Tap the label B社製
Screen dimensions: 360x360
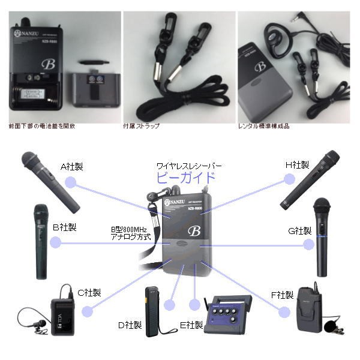click(65, 227)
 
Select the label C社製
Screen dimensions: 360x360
click(89, 292)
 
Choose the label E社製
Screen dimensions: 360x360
click(192, 325)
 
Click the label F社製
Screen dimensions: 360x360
click(281, 295)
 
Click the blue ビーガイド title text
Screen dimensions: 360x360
click(185, 178)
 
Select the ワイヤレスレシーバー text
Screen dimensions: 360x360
click(188, 165)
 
